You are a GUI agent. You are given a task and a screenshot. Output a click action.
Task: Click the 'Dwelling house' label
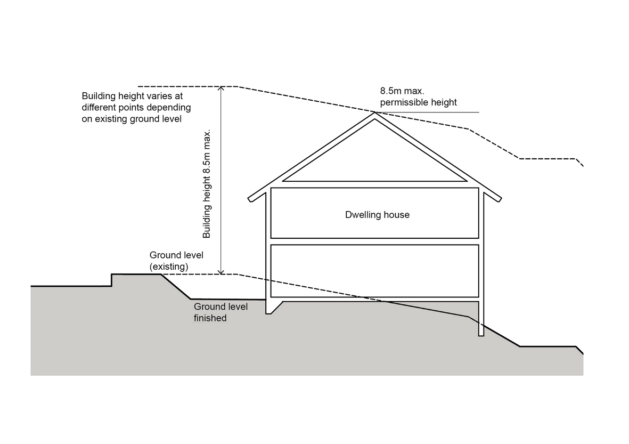tap(377, 215)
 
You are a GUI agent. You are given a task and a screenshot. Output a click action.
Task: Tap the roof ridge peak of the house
tap(374, 112)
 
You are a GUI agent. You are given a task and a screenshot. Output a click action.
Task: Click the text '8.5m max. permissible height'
tap(419, 97)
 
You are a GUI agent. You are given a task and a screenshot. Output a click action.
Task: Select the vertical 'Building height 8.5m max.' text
tap(207, 184)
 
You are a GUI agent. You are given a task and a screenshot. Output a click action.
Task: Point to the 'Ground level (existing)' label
tap(176, 261)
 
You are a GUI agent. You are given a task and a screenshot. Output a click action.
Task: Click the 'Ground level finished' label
tap(220, 312)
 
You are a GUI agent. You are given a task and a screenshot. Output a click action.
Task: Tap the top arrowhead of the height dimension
tap(220, 88)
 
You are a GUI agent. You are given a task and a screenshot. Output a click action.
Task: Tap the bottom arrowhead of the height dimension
tap(220, 272)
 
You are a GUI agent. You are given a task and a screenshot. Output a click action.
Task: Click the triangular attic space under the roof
tap(374, 160)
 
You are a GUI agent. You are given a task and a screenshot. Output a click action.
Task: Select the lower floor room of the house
tap(374, 271)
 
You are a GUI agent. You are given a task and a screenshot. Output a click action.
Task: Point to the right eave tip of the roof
tap(499, 199)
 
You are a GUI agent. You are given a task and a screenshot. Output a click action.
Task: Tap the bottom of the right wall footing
tap(481, 335)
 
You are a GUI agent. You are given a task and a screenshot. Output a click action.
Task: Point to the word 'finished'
tap(210, 318)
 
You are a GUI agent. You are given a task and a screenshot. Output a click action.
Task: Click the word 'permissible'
tap(399, 103)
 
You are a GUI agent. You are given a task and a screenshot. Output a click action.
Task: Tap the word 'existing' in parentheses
tap(169, 267)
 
